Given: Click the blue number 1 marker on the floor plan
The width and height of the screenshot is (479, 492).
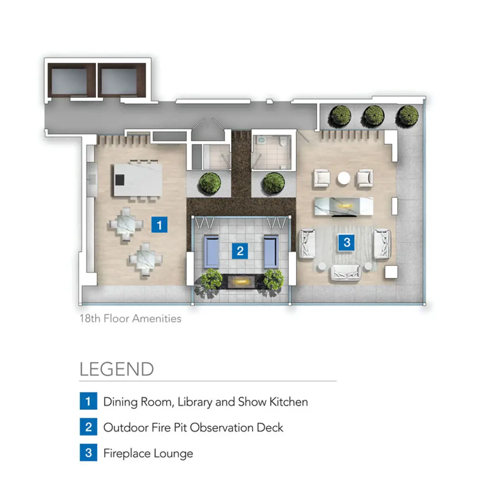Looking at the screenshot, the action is [x=159, y=225].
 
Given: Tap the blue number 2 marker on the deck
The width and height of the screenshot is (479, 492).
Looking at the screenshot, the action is [x=240, y=251].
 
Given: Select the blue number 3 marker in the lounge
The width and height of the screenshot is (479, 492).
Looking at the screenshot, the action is [x=347, y=242].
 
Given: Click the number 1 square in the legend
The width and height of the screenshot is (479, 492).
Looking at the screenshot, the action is [x=88, y=401].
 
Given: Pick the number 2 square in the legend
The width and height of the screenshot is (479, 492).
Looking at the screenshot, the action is [x=88, y=427].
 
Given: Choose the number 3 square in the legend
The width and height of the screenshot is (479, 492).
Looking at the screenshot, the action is [x=88, y=452].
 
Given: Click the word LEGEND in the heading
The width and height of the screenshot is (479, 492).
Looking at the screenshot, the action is [x=117, y=369].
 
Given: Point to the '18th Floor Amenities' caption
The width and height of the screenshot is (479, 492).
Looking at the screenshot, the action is [x=131, y=318].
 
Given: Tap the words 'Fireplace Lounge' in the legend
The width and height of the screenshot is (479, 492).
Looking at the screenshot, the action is [x=148, y=453].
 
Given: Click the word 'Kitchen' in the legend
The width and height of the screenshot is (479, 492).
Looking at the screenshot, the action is [x=289, y=402].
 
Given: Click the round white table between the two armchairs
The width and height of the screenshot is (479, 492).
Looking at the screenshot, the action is [x=344, y=178].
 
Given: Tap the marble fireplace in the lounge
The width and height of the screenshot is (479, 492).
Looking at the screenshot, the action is [x=344, y=206].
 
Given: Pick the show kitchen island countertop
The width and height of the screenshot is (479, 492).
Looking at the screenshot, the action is [x=138, y=179].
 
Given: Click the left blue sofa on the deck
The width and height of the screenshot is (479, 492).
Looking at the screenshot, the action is [x=212, y=251].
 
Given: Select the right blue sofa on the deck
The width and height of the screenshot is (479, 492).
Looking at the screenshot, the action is [x=271, y=251].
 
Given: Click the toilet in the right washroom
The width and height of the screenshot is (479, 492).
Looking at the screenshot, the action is [x=284, y=142].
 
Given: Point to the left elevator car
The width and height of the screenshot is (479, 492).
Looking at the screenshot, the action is [x=69, y=81].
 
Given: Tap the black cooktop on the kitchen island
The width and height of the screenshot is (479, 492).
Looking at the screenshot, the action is [x=120, y=180].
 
